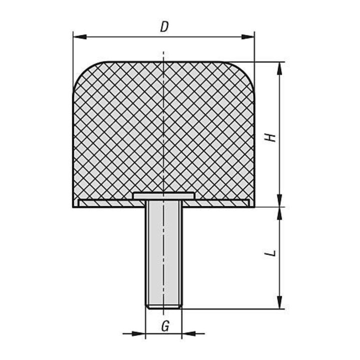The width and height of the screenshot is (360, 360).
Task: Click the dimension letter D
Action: pyautogui.click(x=164, y=27)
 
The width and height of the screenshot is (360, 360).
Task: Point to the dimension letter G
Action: pyautogui.click(x=165, y=326)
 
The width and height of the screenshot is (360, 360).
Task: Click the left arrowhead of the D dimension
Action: pyautogui.click(x=79, y=36)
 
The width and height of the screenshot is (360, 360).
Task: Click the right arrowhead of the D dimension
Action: pyautogui.click(x=247, y=36)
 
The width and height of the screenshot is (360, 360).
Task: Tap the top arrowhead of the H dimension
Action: pyautogui.click(x=279, y=68)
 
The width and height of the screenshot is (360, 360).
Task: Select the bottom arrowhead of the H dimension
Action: pyautogui.click(x=279, y=200)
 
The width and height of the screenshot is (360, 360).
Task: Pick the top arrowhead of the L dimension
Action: pyautogui.click(x=279, y=214)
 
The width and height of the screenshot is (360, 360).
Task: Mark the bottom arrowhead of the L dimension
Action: pyautogui.click(x=279, y=302)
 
